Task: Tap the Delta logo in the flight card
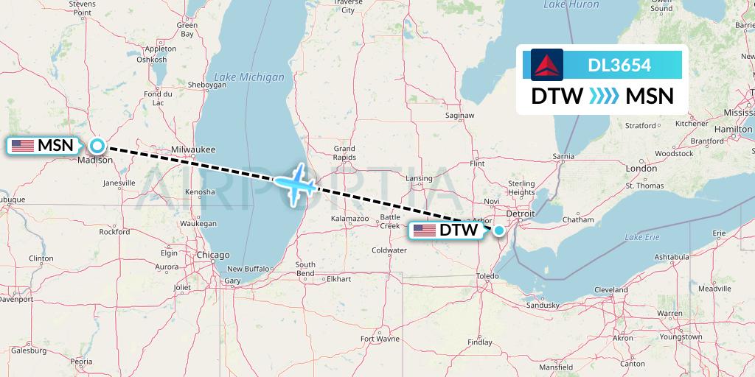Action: (547, 65)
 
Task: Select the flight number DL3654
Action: (619, 66)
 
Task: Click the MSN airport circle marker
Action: (97, 146)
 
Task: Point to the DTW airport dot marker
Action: (499, 230)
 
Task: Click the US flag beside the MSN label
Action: (23, 146)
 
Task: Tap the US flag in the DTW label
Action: (425, 230)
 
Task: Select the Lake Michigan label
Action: (248, 77)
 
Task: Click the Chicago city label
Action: (213, 255)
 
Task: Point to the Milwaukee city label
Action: (193, 149)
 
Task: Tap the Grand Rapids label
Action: (344, 153)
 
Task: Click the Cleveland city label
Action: (611, 289)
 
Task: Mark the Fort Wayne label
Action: (380, 339)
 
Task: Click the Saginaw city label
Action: (459, 116)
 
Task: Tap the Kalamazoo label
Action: (349, 219)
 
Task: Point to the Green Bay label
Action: (187, 29)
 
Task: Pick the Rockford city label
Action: (114, 231)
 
